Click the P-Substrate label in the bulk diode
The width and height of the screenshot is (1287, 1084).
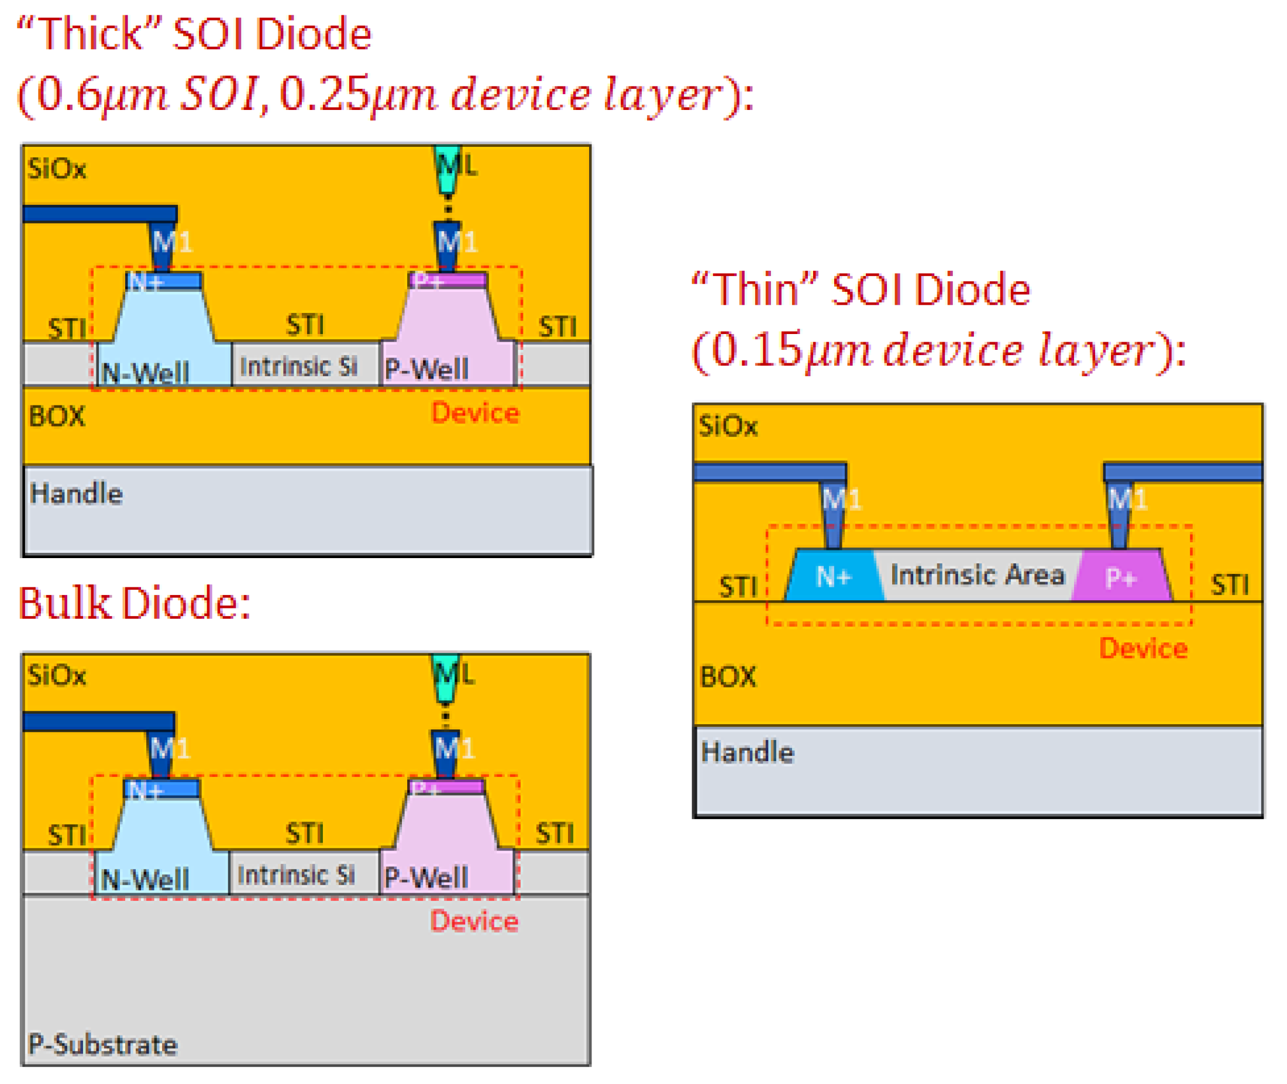click(102, 1045)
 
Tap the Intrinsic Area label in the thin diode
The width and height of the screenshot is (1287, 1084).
click(976, 575)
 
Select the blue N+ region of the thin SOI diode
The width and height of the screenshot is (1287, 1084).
click(834, 576)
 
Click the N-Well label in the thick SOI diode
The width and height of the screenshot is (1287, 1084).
click(145, 373)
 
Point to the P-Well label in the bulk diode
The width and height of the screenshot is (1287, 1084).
click(426, 877)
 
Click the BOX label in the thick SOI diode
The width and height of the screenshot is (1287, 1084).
click(57, 417)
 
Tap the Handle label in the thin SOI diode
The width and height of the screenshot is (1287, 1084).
click(747, 753)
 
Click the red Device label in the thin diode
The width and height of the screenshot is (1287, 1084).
click(1143, 649)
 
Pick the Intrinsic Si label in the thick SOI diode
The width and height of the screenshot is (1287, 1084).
click(299, 367)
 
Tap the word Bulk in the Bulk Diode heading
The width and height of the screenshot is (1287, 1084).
click(64, 604)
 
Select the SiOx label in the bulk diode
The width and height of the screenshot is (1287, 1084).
click(57, 675)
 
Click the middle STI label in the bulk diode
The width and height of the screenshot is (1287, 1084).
click(305, 834)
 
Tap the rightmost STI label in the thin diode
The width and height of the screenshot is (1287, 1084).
click(1229, 584)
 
